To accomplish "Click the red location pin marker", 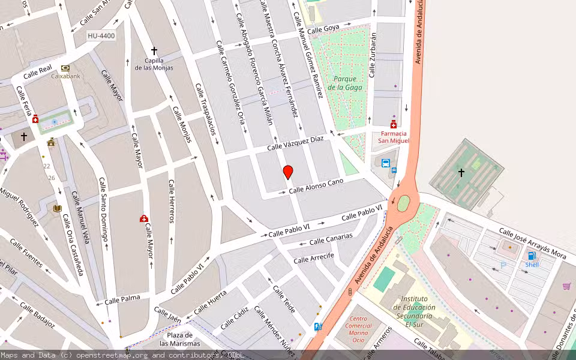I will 288,172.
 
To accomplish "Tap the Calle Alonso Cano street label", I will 316,186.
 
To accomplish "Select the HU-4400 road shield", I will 101,36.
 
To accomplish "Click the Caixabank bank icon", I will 65,68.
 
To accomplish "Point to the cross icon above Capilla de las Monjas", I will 154,52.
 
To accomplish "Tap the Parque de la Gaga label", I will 346,83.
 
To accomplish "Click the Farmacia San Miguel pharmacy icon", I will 393,124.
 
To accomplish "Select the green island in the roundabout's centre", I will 403,203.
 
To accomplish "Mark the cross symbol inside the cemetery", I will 461,173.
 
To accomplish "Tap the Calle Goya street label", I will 323,29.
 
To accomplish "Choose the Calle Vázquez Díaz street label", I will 295,143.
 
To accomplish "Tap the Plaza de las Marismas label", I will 180,339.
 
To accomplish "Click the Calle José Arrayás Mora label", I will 532,242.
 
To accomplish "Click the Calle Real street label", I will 38,73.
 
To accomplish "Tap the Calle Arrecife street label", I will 314,259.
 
